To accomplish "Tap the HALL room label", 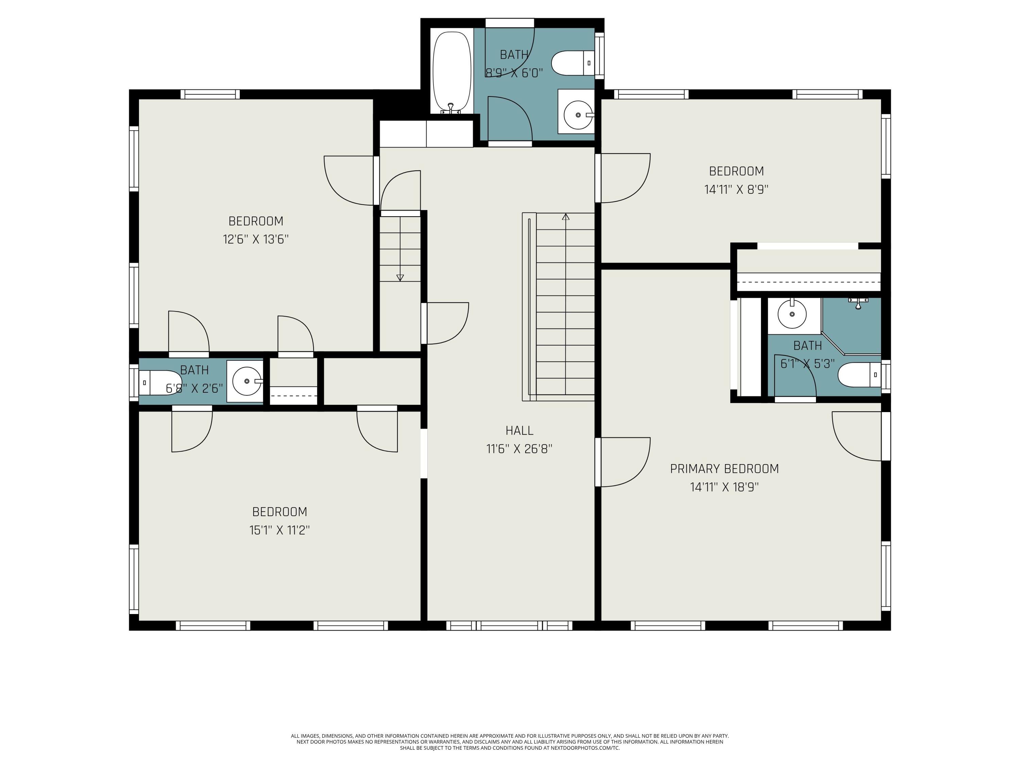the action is pyautogui.click(x=519, y=431).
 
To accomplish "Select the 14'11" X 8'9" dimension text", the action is pyautogui.click(x=736, y=189).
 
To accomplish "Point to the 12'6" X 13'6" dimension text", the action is pyautogui.click(x=256, y=239).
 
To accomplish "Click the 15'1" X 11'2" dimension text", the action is pyautogui.click(x=279, y=530).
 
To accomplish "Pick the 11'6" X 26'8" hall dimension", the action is pyautogui.click(x=519, y=449).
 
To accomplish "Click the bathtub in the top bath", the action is pyautogui.click(x=452, y=72).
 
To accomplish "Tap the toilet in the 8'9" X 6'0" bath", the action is pyautogui.click(x=573, y=63).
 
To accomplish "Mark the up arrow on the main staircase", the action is pyautogui.click(x=566, y=217).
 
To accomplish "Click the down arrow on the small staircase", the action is pyautogui.click(x=400, y=277).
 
